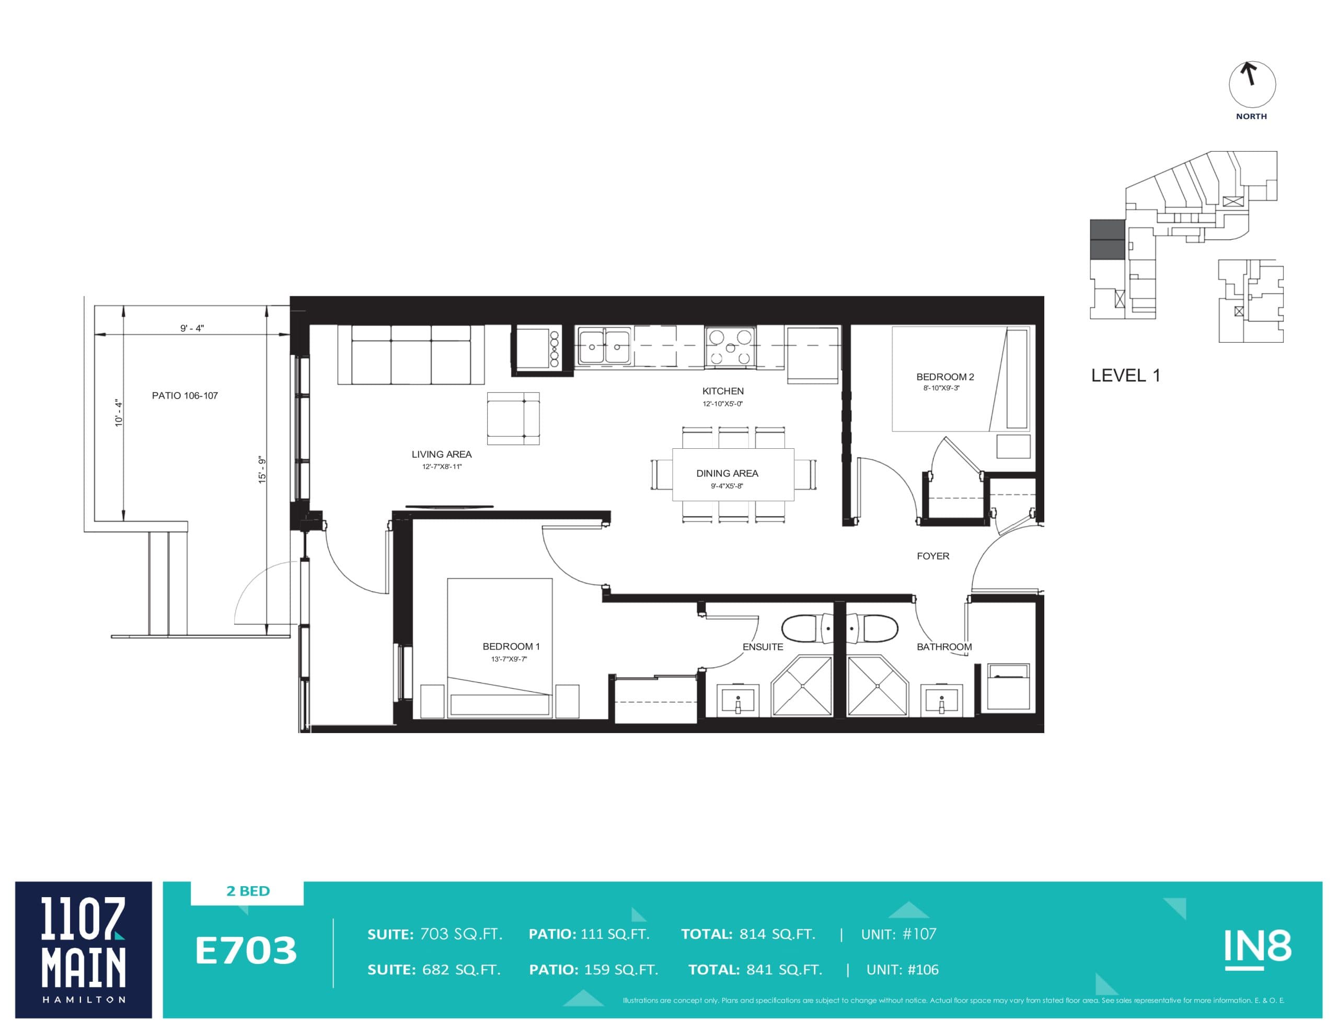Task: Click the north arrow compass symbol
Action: pos(1252,85)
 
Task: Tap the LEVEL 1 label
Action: pos(1125,376)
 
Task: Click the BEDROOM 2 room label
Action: pos(944,377)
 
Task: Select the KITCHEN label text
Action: pos(722,391)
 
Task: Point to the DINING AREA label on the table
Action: pos(726,473)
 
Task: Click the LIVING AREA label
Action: pos(441,454)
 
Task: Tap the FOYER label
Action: pos(932,555)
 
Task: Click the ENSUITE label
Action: pos(762,646)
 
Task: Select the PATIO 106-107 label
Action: pos(184,396)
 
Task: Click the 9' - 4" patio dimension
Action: pos(192,328)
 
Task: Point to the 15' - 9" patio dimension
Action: pos(262,470)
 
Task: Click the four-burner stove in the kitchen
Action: pos(730,347)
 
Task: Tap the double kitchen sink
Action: pos(604,347)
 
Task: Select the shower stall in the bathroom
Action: pos(876,686)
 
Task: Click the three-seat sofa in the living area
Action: pos(410,355)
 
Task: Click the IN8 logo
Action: pos(1257,948)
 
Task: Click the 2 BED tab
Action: pos(248,891)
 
